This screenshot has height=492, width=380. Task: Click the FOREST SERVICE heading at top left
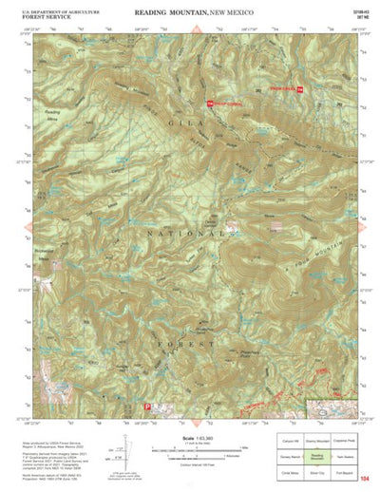41,14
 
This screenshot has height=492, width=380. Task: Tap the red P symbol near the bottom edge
145,407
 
